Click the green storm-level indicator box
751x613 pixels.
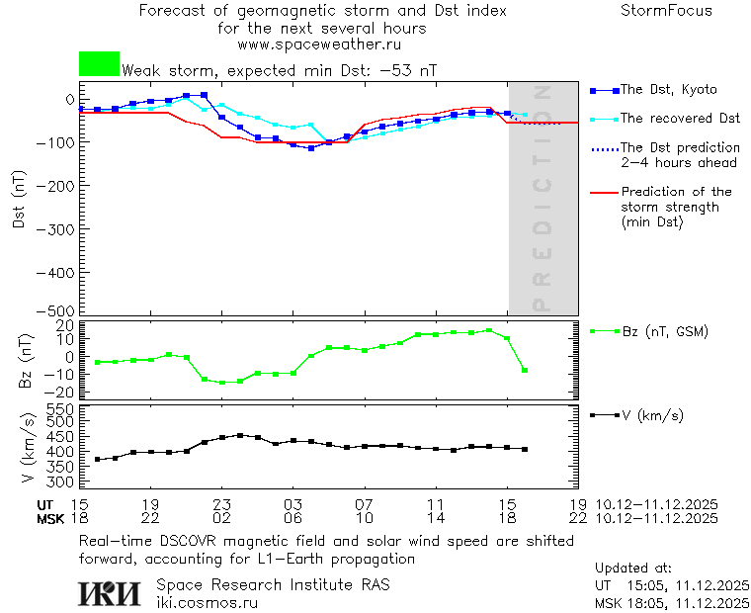click(x=99, y=64)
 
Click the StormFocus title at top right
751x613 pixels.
click(x=666, y=11)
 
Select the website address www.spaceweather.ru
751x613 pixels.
click(x=319, y=44)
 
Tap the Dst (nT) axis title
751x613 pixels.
click(x=18, y=205)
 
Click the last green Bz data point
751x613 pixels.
click(x=525, y=370)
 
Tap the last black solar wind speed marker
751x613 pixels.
click(x=525, y=449)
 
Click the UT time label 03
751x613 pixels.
click(x=292, y=504)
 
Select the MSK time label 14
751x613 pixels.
click(x=435, y=518)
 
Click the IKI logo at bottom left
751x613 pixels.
click(x=110, y=592)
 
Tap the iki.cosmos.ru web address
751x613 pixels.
click(x=208, y=602)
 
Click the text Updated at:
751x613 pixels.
click(x=633, y=569)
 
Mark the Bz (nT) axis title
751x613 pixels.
click(x=28, y=360)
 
